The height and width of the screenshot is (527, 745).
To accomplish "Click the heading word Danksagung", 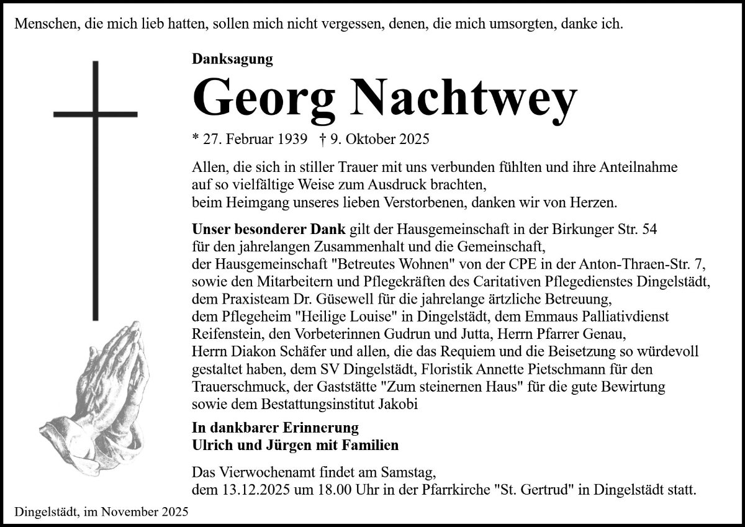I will [x=233, y=59].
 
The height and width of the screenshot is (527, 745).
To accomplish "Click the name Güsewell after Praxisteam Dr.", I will [x=337, y=298].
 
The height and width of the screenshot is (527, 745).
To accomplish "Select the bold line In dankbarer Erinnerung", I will [x=275, y=428].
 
